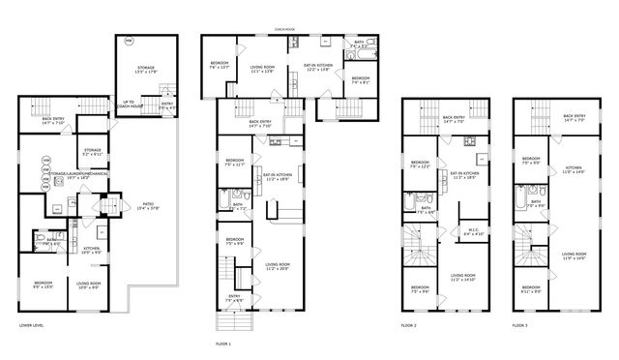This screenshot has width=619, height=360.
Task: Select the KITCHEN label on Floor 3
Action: coord(573,169)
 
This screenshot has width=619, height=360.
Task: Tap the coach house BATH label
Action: coord(359,44)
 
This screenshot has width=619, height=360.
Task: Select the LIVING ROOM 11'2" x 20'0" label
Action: coord(279,265)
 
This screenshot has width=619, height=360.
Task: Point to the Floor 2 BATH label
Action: coord(426,209)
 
